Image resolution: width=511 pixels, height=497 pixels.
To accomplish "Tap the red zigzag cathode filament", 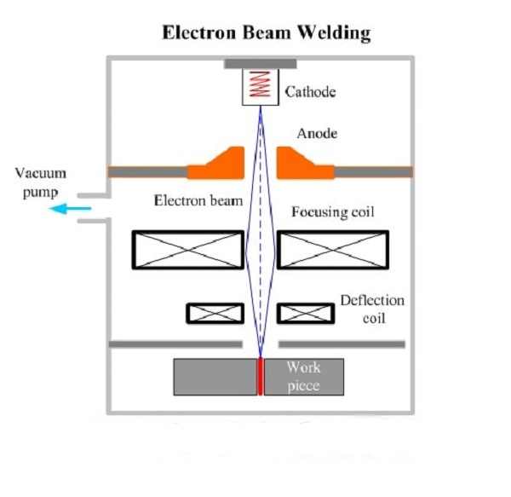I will (261, 86).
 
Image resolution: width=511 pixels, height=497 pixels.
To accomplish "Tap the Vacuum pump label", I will (40, 182).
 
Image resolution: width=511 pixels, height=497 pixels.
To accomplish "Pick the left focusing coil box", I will (188, 251).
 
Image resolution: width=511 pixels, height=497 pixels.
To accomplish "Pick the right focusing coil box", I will (333, 251).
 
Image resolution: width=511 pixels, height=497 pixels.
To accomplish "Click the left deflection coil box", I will (209, 313).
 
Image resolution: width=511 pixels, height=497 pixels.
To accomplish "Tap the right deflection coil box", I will (305, 313).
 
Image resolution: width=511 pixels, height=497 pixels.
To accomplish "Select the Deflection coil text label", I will (372, 309).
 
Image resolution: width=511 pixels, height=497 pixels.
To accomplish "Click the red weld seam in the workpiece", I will (261, 376).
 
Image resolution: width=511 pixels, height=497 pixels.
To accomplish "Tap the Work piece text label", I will (303, 376).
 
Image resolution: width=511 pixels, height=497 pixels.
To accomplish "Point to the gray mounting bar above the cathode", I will (261, 64).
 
